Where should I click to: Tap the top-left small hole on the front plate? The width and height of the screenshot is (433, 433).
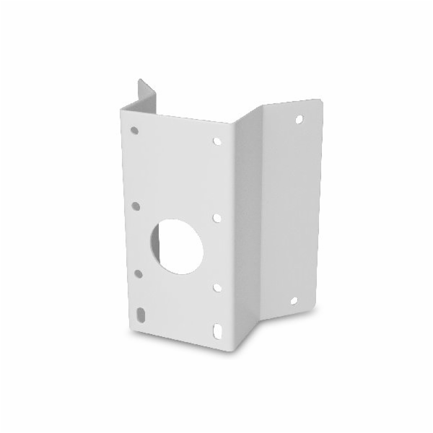coord(134,131)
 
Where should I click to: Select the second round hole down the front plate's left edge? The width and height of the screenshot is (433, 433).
coord(136,206)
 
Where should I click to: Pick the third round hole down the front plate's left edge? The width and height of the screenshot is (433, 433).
coord(137,273)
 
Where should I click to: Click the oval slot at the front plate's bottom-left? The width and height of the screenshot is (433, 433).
coord(139,315)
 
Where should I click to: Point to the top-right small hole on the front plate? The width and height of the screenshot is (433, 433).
coord(216,141)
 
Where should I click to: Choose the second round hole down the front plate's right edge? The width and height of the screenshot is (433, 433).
coord(217,216)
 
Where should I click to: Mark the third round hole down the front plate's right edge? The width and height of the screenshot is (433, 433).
coord(217,287)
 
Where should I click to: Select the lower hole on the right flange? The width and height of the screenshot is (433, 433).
coord(294,300)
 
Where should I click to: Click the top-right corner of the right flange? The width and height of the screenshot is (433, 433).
coord(320,100)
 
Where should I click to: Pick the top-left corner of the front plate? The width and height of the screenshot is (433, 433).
coord(121,105)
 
